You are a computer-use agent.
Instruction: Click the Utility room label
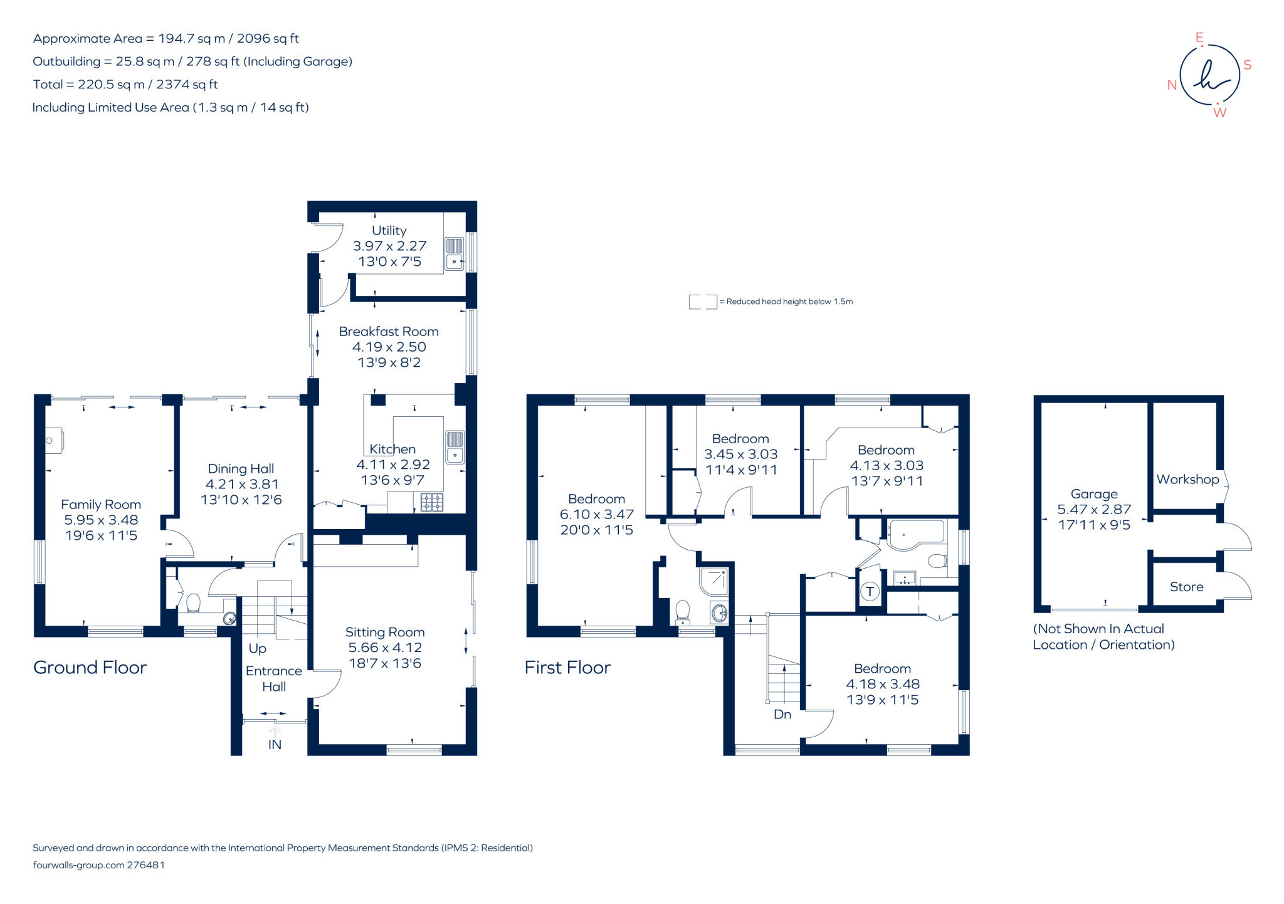point(389,231)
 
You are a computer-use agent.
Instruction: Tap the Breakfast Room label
point(389,332)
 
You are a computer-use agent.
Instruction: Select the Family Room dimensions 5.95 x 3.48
point(101,520)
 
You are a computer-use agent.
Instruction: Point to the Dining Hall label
point(241,469)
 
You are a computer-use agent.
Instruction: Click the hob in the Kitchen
point(432,502)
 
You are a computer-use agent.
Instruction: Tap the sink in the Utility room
point(455,254)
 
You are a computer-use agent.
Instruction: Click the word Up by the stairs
point(257,648)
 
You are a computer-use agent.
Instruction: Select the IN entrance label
point(275,745)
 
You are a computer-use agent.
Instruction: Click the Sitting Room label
point(385,633)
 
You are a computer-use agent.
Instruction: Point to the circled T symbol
point(870,591)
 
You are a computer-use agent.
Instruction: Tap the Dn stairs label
point(782,715)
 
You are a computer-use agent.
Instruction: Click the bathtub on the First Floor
point(915,535)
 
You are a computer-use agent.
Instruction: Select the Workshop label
point(1187,480)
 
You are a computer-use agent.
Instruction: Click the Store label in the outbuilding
point(1186,587)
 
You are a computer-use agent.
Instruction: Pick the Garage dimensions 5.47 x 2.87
point(1094,510)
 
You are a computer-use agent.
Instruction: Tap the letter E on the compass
point(1199,38)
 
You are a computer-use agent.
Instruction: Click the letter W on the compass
point(1219,113)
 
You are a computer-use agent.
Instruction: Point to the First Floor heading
point(567,668)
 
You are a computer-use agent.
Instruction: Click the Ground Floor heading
point(90,668)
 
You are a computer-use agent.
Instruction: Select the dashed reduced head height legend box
point(702,302)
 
